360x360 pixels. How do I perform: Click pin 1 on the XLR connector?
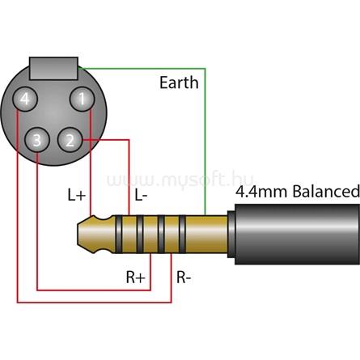point(83,99)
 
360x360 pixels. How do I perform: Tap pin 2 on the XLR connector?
point(70,140)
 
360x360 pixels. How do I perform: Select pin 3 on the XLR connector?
point(37,140)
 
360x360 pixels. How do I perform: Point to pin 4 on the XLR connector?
point(25,99)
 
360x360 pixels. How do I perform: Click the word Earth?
point(179,83)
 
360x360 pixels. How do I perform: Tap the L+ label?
point(77,195)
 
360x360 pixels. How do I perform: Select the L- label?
point(141,195)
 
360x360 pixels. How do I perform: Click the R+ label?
point(136,277)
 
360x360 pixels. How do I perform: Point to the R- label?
point(184,277)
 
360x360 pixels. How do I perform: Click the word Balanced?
point(326,191)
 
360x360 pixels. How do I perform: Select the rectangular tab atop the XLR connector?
point(53,68)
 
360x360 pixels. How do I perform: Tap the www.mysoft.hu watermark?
point(180,180)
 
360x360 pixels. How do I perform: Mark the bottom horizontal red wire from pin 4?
point(94,303)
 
